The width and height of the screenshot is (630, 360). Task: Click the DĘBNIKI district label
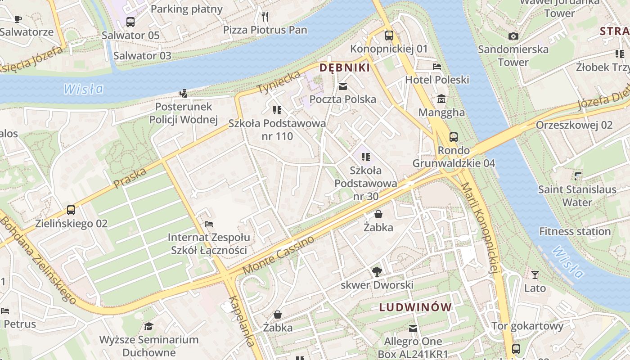click(x=344, y=68)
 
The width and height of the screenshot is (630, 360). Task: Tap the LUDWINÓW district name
click(x=415, y=307)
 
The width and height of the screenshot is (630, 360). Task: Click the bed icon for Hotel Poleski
click(x=436, y=67)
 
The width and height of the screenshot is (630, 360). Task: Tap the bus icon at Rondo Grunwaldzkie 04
click(x=454, y=137)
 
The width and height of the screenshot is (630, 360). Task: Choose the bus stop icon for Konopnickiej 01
click(x=389, y=35)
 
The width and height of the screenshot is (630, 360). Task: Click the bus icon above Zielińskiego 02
click(x=71, y=210)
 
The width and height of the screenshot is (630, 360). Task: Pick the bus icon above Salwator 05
click(x=130, y=22)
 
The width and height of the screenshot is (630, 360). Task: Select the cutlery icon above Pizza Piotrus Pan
click(x=265, y=17)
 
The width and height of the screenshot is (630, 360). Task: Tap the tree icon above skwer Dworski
click(x=377, y=271)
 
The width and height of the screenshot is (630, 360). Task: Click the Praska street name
click(x=130, y=178)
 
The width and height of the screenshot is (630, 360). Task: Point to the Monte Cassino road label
click(x=279, y=255)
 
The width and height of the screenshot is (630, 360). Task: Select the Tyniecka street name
click(x=279, y=83)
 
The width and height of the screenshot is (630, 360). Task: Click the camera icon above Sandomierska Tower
click(x=513, y=36)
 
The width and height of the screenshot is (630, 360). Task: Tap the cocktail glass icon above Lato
click(x=535, y=274)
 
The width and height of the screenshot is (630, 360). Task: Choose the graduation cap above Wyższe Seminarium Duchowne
click(x=148, y=326)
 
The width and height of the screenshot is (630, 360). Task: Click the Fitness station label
click(x=575, y=232)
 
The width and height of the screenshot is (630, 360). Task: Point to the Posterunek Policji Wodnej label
click(x=183, y=113)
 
